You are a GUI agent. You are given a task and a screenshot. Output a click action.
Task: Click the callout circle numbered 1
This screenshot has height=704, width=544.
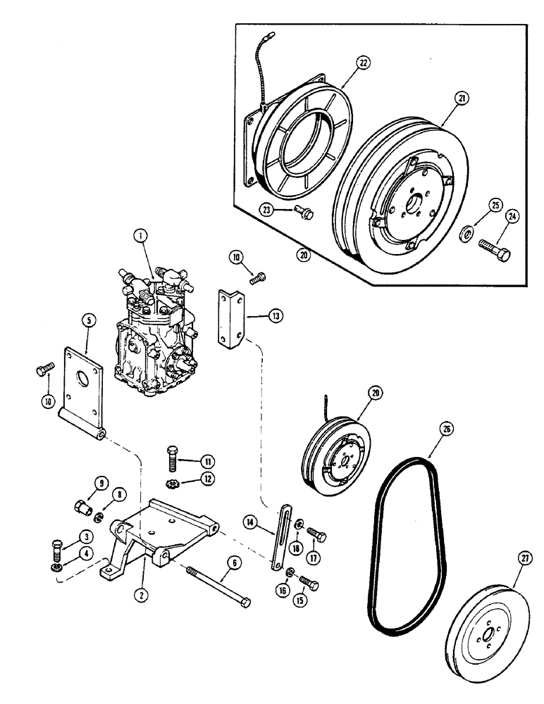143,238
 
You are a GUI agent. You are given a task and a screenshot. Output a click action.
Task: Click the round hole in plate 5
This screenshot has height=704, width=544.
89,366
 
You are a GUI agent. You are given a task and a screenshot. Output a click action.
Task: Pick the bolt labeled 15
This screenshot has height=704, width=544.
307,584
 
